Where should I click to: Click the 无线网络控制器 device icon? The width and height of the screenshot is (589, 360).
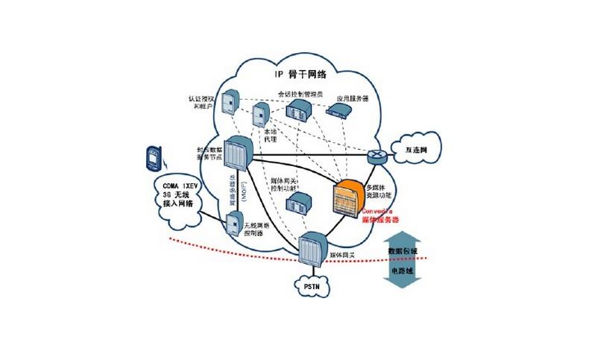(233, 223)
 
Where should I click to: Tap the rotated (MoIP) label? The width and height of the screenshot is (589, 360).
(243, 195)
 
